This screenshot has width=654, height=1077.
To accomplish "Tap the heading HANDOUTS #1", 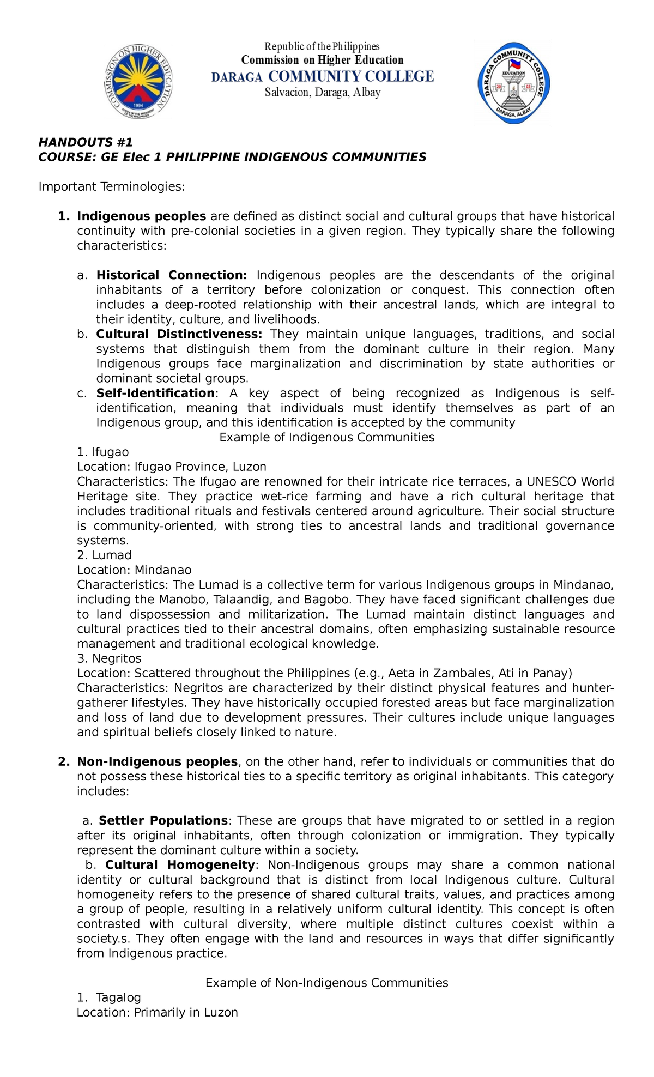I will click(x=85, y=142).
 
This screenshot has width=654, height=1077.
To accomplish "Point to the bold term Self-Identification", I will click(x=155, y=393).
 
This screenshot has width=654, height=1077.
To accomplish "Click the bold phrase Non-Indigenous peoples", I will click(x=157, y=761).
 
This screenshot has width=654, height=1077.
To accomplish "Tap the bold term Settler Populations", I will click(x=163, y=820).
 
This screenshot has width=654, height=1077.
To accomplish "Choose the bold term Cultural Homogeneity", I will click(x=180, y=864).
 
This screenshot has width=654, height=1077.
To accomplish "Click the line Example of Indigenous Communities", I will click(x=326, y=437).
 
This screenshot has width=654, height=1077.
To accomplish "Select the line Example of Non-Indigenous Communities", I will click(x=326, y=983).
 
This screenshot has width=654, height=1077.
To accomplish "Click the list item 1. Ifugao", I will click(x=103, y=452).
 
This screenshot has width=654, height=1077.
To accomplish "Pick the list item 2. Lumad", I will click(x=104, y=555).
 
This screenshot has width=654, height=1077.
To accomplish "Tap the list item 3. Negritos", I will click(x=109, y=658).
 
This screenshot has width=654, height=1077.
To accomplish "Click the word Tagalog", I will click(x=118, y=997).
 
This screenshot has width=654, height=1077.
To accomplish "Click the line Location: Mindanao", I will click(x=134, y=570).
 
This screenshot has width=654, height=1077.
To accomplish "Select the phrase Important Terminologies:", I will click(x=112, y=187).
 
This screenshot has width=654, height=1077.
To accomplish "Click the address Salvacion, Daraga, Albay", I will click(x=323, y=93).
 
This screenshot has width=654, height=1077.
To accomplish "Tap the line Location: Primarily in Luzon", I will click(x=158, y=1012).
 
